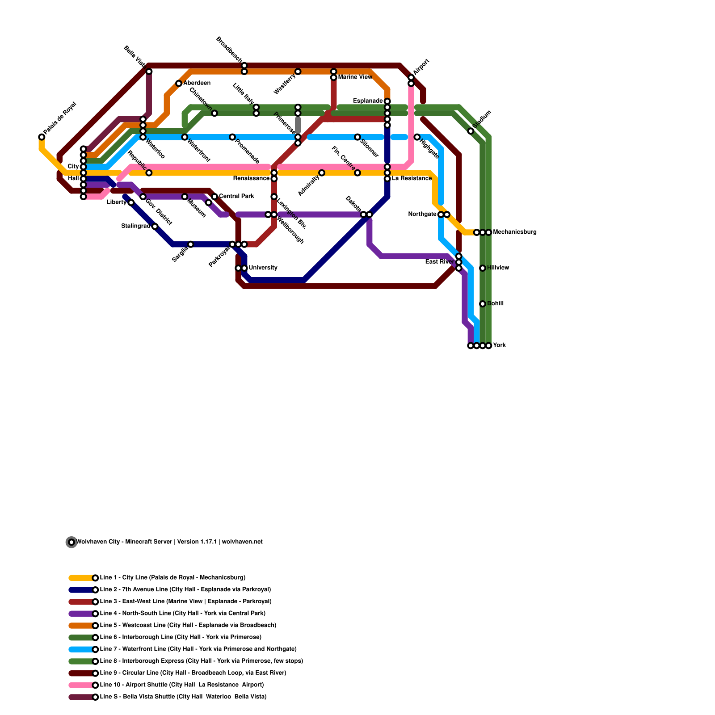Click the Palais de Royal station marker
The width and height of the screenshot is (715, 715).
click(x=42, y=137)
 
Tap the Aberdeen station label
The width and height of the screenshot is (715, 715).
click(x=197, y=83)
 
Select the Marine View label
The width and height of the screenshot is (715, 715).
click(x=355, y=77)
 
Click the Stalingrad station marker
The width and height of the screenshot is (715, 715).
click(x=155, y=227)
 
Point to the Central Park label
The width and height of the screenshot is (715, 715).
click(x=236, y=196)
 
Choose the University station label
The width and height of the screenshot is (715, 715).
click(x=263, y=268)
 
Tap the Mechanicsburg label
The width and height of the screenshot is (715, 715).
click(x=515, y=232)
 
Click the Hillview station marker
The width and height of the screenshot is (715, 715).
click(x=483, y=268)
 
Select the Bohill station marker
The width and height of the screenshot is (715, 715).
click(x=483, y=304)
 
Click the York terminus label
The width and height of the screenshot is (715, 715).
click(x=499, y=345)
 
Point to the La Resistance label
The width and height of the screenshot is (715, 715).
click(x=412, y=179)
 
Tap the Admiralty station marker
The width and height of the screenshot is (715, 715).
click(x=322, y=173)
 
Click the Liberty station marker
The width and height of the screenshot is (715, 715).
click(x=131, y=202)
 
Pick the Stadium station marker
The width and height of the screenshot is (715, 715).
click(x=471, y=131)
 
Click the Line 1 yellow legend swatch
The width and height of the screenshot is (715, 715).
click(x=82, y=578)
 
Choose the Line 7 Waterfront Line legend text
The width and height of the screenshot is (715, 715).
click(x=198, y=649)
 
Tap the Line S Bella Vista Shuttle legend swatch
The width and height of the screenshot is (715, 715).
click(x=82, y=697)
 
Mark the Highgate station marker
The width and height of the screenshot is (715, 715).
click(x=417, y=137)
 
